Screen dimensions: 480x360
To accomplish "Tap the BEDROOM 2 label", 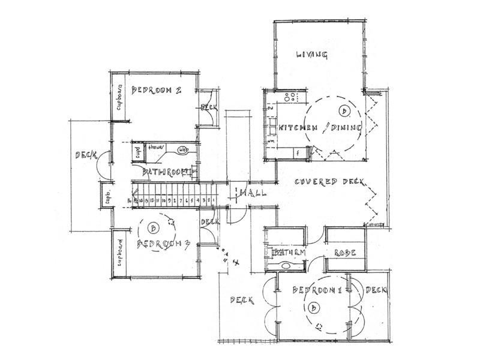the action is click(157, 91).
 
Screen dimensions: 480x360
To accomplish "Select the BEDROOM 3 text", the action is click(163, 244).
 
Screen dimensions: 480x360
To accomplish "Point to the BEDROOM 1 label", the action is click(316, 290).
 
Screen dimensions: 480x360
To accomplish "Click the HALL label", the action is click(251, 193).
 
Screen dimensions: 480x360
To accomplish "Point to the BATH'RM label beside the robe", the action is click(290, 253).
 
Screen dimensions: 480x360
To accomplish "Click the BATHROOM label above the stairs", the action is click(163, 173).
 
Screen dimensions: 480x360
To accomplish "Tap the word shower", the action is click(157, 146).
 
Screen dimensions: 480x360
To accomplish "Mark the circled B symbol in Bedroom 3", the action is click(154, 228).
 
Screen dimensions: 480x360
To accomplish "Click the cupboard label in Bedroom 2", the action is click(119, 98).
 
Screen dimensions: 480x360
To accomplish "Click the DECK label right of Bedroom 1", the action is click(376, 290).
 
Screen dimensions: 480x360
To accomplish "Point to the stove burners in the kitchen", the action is click(290, 96).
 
